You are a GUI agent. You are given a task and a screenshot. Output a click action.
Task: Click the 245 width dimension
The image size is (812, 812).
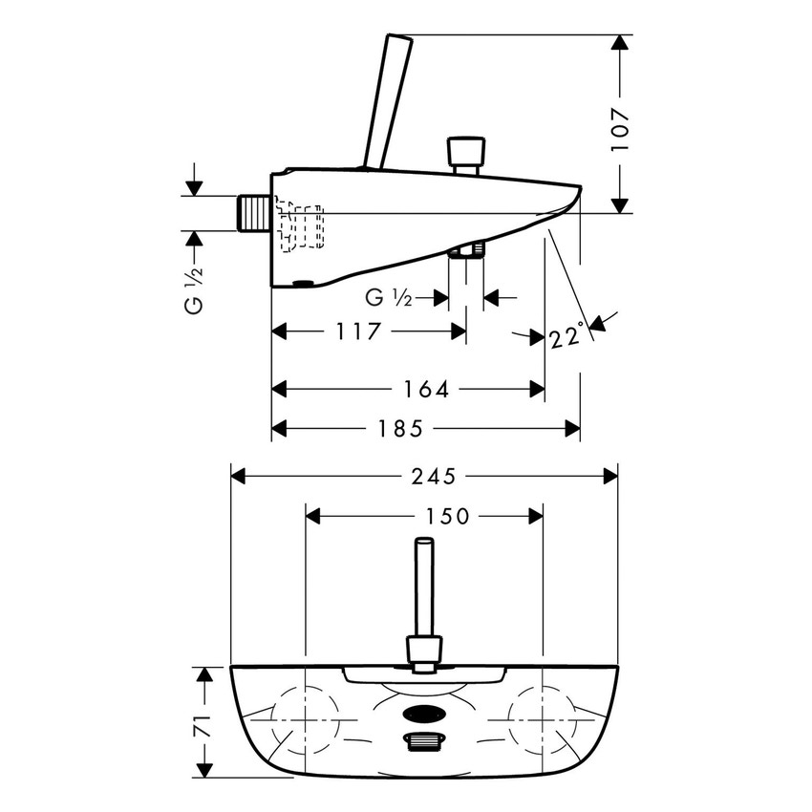[431, 476]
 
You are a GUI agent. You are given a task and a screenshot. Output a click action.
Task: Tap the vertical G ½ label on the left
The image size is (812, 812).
[195, 291]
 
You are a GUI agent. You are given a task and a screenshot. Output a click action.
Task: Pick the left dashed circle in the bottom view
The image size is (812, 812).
[306, 716]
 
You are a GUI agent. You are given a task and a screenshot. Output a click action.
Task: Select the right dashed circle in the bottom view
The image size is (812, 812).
[542, 716]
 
